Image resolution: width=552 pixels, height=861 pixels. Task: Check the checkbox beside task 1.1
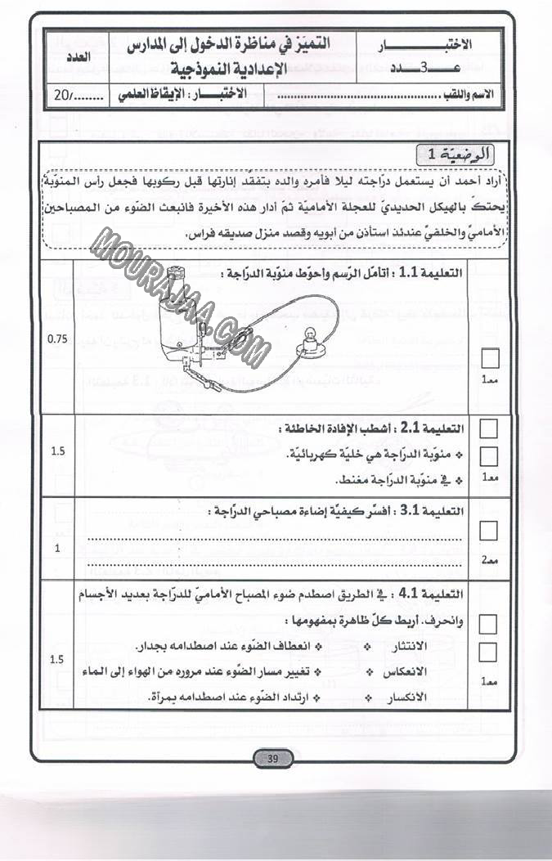click(x=489, y=358)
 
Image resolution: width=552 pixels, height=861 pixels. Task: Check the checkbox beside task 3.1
click(x=488, y=531)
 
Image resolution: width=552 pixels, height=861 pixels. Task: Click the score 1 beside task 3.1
click(x=57, y=549)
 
